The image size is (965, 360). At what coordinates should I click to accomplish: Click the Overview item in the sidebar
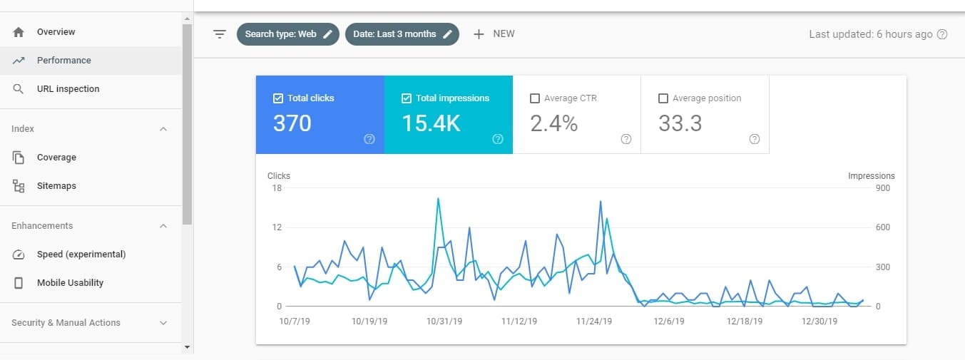[x=56, y=32]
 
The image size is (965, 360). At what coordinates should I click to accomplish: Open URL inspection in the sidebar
[x=68, y=89]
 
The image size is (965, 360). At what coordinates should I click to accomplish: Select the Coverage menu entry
[x=56, y=158]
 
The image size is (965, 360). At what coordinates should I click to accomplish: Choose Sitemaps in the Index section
[x=56, y=186]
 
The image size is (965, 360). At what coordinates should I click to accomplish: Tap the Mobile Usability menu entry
[x=70, y=283]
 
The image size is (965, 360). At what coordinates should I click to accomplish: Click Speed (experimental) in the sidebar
[x=81, y=254]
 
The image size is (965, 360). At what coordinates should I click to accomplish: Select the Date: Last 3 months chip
[x=402, y=34]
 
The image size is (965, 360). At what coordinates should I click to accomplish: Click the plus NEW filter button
[x=494, y=34]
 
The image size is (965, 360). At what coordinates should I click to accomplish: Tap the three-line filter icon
[x=220, y=34]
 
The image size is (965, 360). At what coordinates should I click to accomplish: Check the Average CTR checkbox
[x=535, y=98]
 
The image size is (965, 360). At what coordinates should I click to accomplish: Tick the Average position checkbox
[x=663, y=98]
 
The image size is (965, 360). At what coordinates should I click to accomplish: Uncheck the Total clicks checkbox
[x=278, y=98]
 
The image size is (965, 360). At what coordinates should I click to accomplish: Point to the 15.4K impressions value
[x=431, y=123]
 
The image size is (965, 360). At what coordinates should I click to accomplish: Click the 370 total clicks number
[x=292, y=123]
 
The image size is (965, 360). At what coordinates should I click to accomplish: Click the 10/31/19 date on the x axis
[x=444, y=322]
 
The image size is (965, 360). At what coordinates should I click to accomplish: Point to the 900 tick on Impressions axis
[x=882, y=188]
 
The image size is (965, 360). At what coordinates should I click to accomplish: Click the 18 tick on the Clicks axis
[x=277, y=188]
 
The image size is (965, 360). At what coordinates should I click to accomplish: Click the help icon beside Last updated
[x=942, y=34]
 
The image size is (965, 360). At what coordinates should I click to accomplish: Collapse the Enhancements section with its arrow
[x=163, y=226]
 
